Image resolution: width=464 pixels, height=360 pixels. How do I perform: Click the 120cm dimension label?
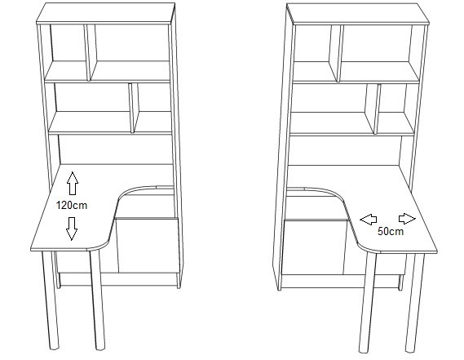click(72, 206)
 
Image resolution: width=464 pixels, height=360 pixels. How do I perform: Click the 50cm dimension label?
click(391, 231)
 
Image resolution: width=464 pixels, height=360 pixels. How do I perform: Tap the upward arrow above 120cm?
click(73, 183)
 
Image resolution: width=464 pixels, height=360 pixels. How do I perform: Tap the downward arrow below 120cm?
click(72, 229)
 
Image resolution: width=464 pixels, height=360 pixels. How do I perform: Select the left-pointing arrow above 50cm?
click(368, 220)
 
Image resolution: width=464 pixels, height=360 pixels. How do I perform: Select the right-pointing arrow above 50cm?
click(407, 219)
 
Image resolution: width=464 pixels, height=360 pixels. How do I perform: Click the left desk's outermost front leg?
click(51, 300)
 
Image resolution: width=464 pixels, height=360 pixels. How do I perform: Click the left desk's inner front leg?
click(98, 300)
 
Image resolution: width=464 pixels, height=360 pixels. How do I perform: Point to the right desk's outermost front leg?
click(414, 303)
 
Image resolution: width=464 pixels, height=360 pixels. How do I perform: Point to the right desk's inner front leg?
click(368, 302)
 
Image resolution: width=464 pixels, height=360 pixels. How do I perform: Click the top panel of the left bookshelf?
click(106, 13)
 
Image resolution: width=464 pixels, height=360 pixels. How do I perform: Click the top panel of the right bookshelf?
click(358, 14)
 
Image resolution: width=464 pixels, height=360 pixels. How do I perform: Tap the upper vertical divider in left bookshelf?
click(91, 52)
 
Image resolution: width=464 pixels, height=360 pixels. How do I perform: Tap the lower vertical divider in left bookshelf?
click(134, 108)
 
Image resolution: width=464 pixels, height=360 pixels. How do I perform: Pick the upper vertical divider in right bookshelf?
click(336, 53)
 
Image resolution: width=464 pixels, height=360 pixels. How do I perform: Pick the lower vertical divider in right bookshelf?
click(373, 109)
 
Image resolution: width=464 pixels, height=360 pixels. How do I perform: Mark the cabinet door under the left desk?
click(148, 246)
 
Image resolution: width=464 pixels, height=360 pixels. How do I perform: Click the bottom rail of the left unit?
click(118, 279)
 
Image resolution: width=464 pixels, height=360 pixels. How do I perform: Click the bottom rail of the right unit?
click(340, 281)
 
